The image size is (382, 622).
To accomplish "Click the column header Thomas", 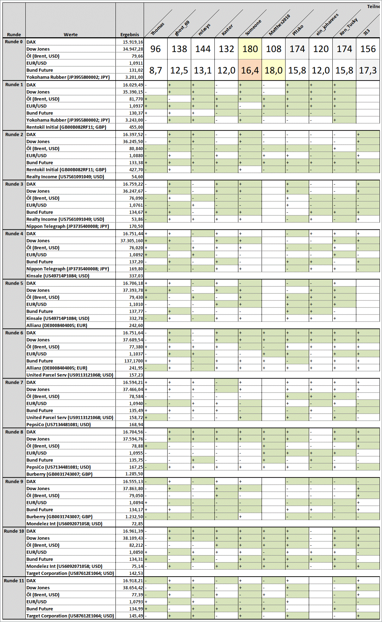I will [157, 29].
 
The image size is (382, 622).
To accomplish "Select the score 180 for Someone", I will [250, 49].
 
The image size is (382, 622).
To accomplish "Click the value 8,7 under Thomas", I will [155, 71].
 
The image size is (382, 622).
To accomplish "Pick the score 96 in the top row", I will [155, 49].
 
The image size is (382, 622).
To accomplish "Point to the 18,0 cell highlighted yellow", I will [274, 71].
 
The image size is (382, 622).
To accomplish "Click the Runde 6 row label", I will [14, 333].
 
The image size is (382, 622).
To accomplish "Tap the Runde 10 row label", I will [14, 531].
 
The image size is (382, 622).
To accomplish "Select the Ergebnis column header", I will [130, 34].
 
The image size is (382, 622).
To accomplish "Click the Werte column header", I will [70, 34].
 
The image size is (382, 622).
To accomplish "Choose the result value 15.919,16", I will [133, 42].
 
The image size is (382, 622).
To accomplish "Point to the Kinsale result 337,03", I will [136, 276].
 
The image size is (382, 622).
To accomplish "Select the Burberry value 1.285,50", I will [134, 474].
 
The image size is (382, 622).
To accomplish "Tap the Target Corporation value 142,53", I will [136, 573].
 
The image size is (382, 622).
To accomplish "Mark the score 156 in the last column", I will [368, 49].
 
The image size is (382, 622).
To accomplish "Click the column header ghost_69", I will [182, 28].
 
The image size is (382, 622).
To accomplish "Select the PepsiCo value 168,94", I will [136, 425].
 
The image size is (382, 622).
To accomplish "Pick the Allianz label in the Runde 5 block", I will [57, 326].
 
